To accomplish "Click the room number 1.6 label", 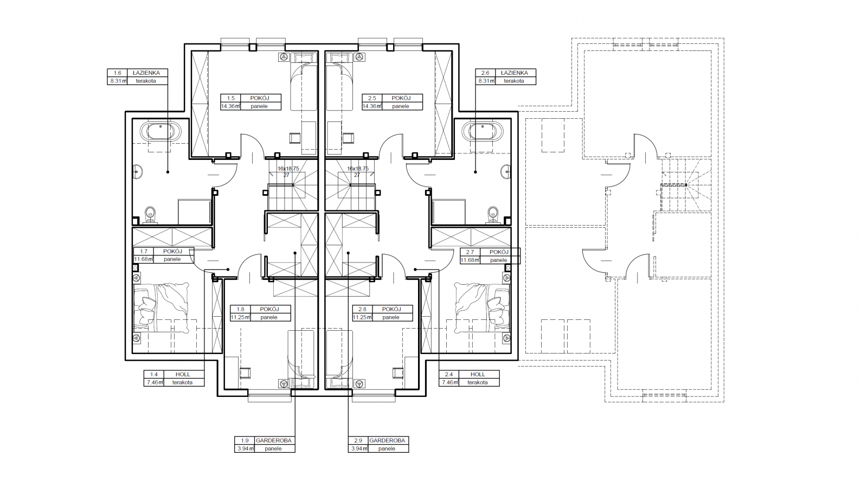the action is click(117, 73).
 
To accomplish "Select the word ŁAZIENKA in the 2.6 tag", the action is click(514, 73).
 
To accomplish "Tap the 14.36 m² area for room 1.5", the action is click(230, 106).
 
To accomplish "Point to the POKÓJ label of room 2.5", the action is click(401, 98).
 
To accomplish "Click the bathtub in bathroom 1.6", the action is click(160, 132).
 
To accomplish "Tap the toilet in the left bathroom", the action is click(151, 215).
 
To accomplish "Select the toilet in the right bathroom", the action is click(493, 215).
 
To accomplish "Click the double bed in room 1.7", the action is click(161, 308).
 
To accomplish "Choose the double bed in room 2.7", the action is click(483, 308).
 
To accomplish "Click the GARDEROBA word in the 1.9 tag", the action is click(274, 440).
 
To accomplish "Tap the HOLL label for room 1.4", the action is click(183, 374).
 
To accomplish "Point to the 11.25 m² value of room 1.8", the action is click(240, 317).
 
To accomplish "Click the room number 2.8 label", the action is click(363, 309).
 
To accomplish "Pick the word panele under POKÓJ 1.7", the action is click(172, 259).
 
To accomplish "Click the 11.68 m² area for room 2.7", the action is click(470, 260).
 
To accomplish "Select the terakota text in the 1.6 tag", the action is click(146, 81).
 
